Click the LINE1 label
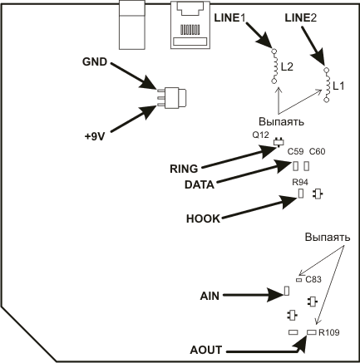point(230,18)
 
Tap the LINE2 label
point(301,18)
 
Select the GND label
point(95,62)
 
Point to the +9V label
point(95,137)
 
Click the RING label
point(184,169)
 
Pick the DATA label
point(200,185)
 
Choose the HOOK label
point(203,219)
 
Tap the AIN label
point(210,297)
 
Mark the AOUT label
point(206,350)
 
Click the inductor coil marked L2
point(274,66)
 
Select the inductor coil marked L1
point(327,85)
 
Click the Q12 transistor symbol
point(279,142)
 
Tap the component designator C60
point(318,152)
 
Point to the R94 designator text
point(300,183)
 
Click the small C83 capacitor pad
point(298,280)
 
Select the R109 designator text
point(329,332)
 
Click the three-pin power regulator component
point(172,97)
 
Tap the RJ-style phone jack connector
point(190,25)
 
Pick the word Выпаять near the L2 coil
point(281,121)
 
